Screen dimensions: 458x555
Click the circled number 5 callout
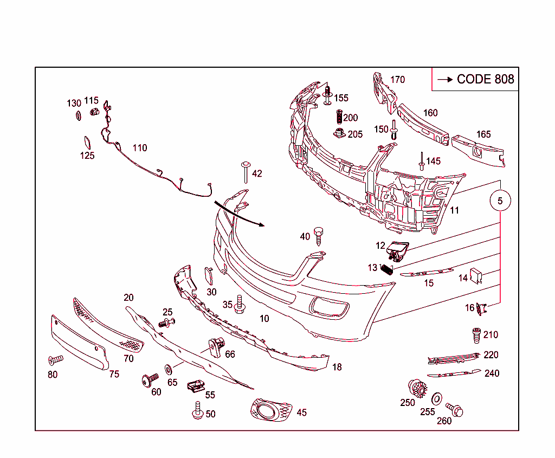tap(500, 201)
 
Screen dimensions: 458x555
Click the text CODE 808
tap(485, 79)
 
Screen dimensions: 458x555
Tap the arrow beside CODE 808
tap(445, 79)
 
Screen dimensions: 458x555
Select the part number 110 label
tap(139, 147)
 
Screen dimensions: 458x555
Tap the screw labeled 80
tap(55, 359)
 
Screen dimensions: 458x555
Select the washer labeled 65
tap(168, 369)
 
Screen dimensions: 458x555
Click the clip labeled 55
tap(195, 386)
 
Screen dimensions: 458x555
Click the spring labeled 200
tap(338, 117)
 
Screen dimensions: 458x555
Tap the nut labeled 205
tap(339, 133)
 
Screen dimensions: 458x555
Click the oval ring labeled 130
tap(78, 115)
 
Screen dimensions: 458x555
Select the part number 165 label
tap(483, 134)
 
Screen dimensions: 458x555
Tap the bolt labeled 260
tap(455, 409)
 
